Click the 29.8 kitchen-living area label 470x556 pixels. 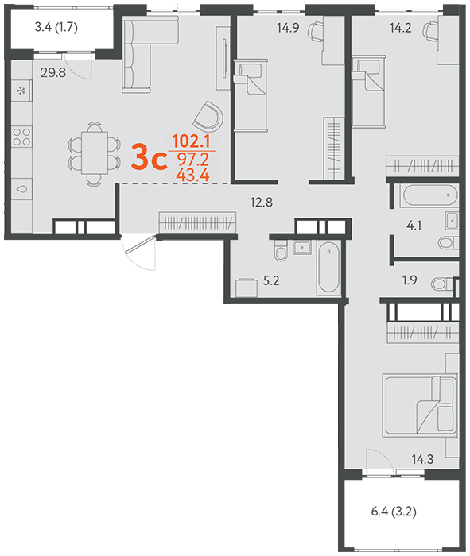[53, 73]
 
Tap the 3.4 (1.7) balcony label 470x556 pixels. [56, 27]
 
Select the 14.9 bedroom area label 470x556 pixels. [288, 28]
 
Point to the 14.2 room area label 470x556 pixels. [401, 28]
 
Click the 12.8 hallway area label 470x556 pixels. [262, 202]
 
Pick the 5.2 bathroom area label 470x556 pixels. [271, 280]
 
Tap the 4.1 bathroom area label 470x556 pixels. [414, 225]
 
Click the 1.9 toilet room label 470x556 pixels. [410, 280]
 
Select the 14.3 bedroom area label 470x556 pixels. [422, 460]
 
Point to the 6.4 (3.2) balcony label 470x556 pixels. [394, 512]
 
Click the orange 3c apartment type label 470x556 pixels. [149, 157]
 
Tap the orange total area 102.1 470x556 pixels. [191, 141]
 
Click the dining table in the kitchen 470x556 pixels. [95, 153]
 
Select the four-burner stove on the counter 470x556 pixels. [21, 137]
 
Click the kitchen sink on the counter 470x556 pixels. [21, 189]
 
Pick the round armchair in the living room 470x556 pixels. [208, 117]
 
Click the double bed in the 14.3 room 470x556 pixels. [421, 404]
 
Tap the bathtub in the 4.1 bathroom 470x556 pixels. [429, 195]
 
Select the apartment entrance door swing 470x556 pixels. [138, 251]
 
